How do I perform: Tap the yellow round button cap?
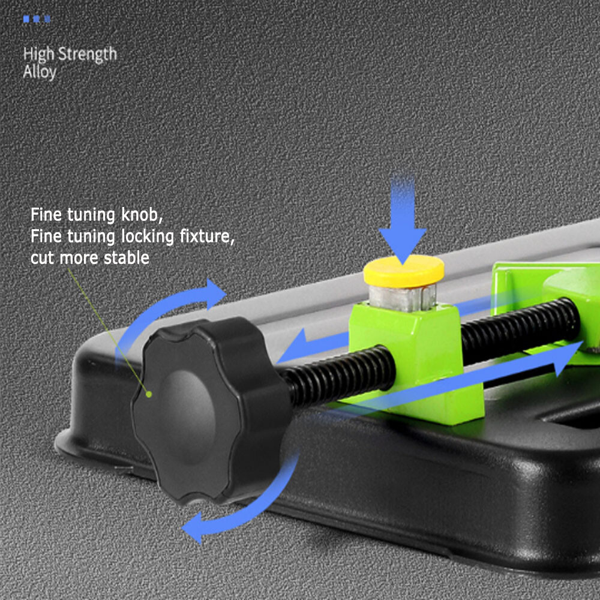click(404, 271)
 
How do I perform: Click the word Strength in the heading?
click(87, 55)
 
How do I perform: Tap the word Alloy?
click(40, 72)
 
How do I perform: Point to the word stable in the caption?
click(126, 257)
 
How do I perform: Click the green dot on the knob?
click(149, 394)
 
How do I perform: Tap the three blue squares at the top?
click(37, 19)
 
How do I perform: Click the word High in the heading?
click(39, 55)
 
